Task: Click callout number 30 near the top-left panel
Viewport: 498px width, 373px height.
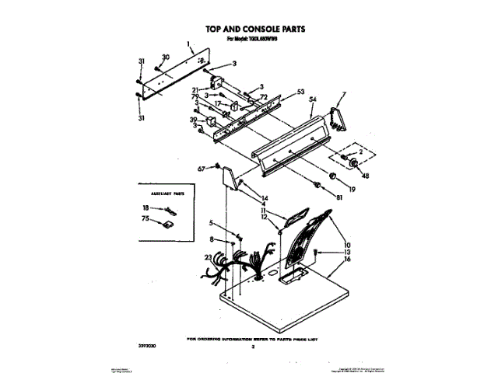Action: [x=165, y=57]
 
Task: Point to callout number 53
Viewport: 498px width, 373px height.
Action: [x=301, y=92]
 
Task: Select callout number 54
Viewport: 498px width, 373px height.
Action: [x=313, y=100]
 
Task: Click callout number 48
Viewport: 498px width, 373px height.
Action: [x=365, y=176]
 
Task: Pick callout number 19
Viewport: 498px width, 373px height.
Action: [x=351, y=189]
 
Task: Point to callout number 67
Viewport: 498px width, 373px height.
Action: [x=201, y=168]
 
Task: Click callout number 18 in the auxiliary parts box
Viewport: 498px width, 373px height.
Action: [x=146, y=208]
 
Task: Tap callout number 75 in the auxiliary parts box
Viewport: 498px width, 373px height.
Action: [x=146, y=220]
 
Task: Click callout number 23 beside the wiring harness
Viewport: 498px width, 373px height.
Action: [x=208, y=257]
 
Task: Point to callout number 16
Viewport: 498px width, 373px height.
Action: [x=348, y=260]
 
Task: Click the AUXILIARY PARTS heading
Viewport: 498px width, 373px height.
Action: [x=160, y=190]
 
